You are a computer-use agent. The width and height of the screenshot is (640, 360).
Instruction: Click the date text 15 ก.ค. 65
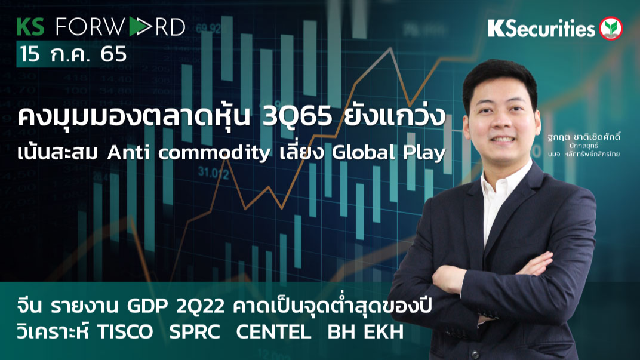[x=73, y=54]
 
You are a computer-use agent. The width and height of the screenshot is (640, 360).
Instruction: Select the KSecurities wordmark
[x=541, y=28]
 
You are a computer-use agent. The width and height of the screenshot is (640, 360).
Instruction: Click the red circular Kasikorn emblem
[x=611, y=28]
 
